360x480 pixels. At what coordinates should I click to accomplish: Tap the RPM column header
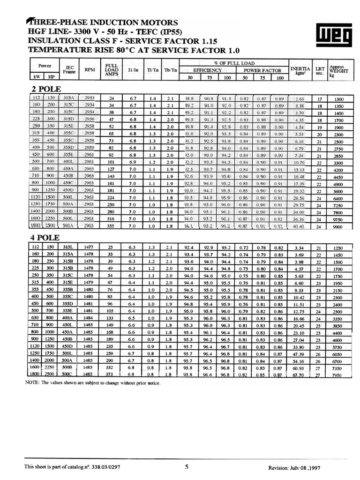tap(90, 69)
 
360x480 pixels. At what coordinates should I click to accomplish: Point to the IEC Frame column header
tap(70, 69)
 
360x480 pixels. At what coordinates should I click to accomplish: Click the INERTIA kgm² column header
tap(300, 70)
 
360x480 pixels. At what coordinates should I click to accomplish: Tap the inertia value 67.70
tap(299, 375)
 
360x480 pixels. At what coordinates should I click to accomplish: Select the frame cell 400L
tap(70, 162)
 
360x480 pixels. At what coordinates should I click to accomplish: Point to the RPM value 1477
tap(89, 247)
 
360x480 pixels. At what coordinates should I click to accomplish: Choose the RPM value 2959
tap(89, 147)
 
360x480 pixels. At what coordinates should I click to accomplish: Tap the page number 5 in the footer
tap(187, 467)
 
